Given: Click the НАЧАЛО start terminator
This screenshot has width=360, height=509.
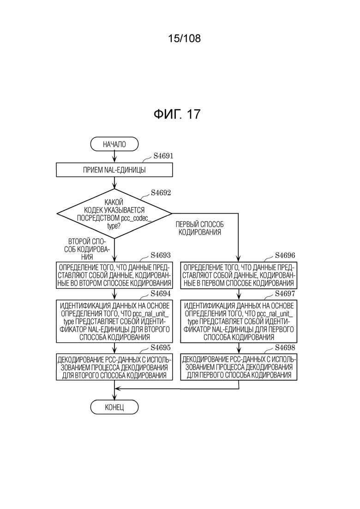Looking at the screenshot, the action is (x=114, y=144).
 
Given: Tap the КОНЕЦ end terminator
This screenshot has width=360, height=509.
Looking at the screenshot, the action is (x=114, y=407).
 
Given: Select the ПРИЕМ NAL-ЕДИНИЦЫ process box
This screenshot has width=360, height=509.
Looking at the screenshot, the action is (x=114, y=170).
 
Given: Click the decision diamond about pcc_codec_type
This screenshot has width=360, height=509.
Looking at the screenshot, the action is (x=114, y=214).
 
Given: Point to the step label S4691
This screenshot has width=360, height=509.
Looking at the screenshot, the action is (x=163, y=156).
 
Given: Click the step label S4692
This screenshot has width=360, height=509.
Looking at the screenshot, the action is (x=161, y=192).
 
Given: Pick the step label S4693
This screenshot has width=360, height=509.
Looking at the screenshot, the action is (x=161, y=255).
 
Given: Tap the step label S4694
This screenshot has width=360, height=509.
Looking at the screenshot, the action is (x=161, y=293).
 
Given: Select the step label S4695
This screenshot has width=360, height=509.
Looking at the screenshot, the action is (x=161, y=347).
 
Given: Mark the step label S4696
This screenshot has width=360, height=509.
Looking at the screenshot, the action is (x=285, y=255).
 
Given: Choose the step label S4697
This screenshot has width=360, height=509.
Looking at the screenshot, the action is (x=285, y=293).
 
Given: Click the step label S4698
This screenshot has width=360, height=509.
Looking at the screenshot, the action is (x=285, y=347).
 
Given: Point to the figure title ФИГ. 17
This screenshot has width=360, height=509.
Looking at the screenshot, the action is (x=177, y=114).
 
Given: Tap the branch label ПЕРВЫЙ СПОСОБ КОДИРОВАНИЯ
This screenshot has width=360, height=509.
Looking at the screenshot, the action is (x=200, y=228).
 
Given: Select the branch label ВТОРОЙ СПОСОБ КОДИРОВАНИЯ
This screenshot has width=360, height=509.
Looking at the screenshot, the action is (x=87, y=249).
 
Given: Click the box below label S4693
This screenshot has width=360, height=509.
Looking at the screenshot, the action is (x=114, y=275).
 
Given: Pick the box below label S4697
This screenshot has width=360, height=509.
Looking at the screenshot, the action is (x=239, y=321).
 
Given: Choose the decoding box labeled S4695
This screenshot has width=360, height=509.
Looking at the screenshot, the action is (x=114, y=367).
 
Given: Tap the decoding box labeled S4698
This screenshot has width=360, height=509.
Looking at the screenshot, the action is (x=239, y=367).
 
